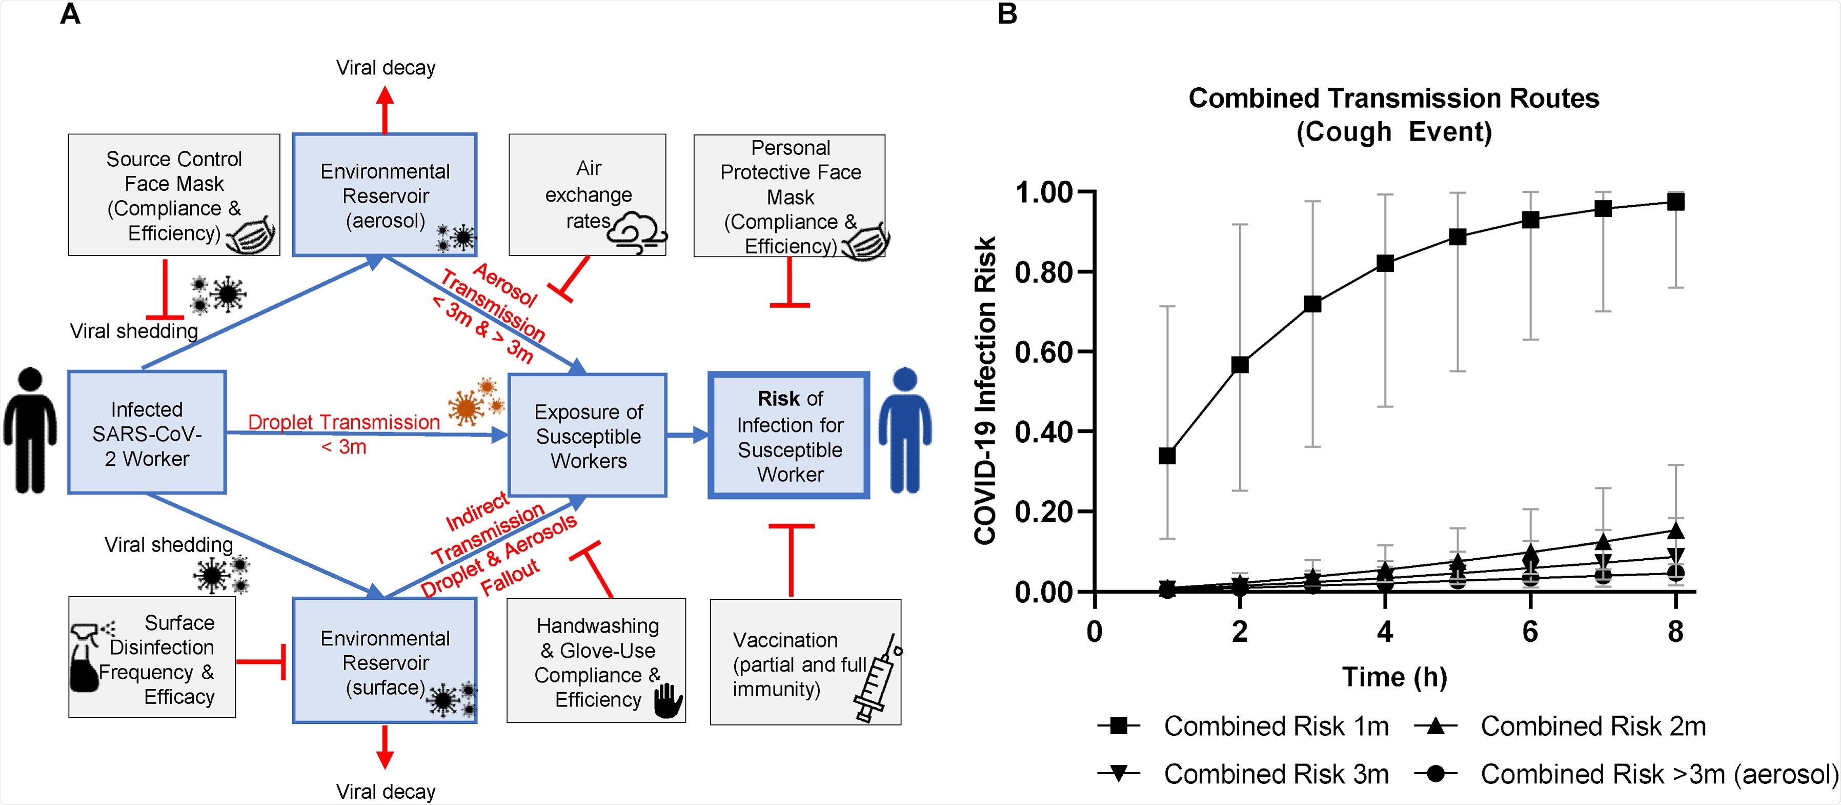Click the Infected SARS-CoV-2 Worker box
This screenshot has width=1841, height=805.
[147, 433]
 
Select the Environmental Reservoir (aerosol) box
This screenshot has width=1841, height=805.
[385, 194]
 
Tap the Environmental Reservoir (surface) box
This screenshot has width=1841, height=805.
[385, 661]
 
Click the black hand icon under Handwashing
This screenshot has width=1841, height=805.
[668, 701]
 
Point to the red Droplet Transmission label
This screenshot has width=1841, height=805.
[344, 423]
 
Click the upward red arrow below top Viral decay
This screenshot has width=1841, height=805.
[385, 109]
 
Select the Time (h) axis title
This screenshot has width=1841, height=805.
[1394, 676]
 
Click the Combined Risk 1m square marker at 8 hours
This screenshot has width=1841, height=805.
[1675, 202]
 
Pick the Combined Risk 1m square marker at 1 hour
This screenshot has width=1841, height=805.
[1167, 456]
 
